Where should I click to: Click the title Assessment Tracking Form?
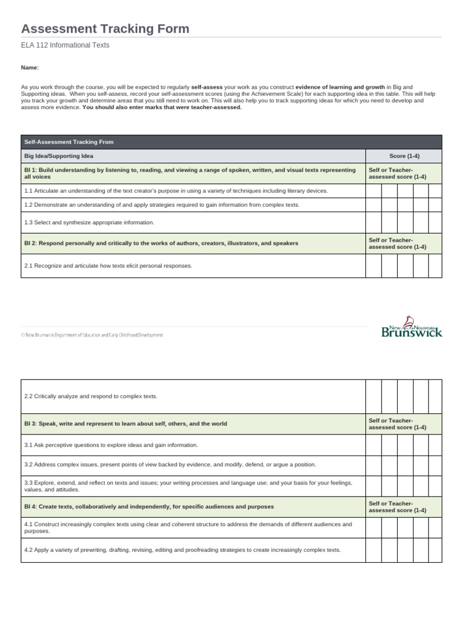click(x=106, y=28)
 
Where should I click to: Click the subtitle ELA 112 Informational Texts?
click(x=65, y=45)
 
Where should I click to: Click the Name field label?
click(x=30, y=68)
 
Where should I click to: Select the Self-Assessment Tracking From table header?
click(x=69, y=142)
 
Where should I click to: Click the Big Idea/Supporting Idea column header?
click(x=58, y=156)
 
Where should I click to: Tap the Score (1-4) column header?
click(x=404, y=156)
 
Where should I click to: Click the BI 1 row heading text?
click(x=187, y=174)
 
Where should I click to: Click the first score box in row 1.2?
click(x=373, y=205)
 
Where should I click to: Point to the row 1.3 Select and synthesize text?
click(x=89, y=222)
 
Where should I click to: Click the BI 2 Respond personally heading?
click(x=161, y=243)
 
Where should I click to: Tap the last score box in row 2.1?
click(x=435, y=266)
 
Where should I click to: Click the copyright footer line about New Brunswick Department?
click(x=92, y=335)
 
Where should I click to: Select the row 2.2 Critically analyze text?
click(x=90, y=396)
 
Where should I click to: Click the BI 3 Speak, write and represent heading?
click(x=125, y=424)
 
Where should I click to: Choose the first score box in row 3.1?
click(x=373, y=445)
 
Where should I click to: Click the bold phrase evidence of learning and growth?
click(x=340, y=87)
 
